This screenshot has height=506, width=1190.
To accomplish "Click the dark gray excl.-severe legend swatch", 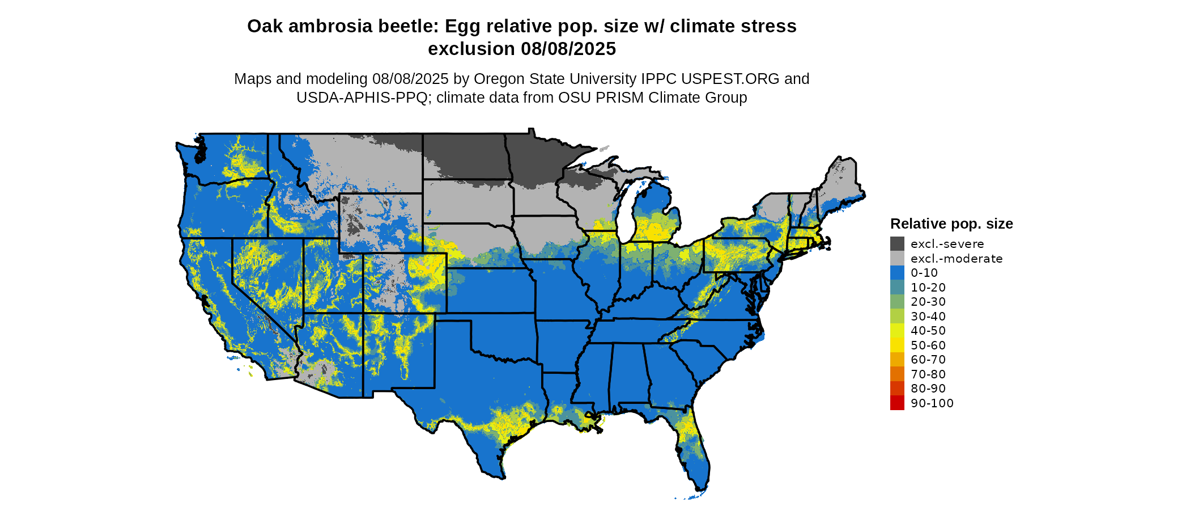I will coord(897,244).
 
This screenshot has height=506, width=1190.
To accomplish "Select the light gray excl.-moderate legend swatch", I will coord(897,259).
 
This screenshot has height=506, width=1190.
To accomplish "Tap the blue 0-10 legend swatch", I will coord(897,273).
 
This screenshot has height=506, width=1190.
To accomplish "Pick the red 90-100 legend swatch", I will coord(897,403).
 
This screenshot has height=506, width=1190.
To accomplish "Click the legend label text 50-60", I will coord(928,345).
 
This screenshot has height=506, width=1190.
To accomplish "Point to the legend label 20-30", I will coord(928,302).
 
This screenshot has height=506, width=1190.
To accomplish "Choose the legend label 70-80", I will coord(928,374).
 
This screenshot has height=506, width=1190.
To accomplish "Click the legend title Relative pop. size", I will coord(951,224).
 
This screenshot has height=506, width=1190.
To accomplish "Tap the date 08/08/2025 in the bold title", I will coord(568,49).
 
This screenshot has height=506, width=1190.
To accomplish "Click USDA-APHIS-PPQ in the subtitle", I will coord(362,98).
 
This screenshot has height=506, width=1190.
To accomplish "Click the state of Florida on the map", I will coord(694,448).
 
